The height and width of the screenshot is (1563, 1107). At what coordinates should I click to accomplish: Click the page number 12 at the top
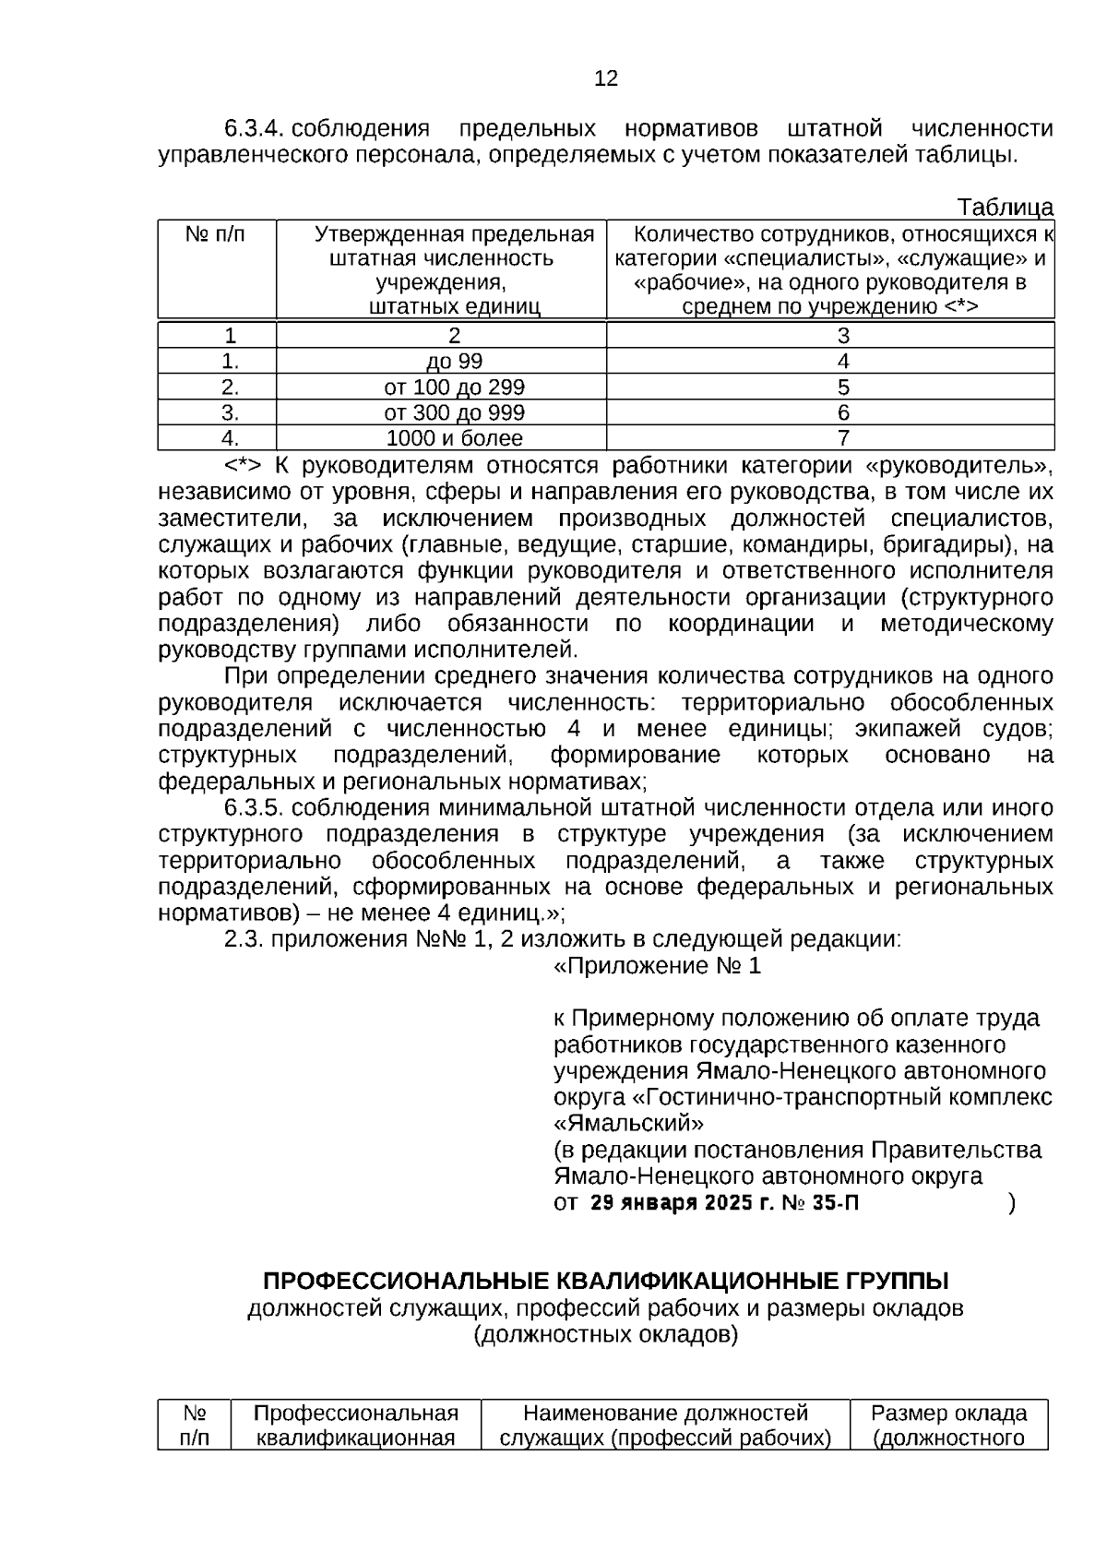tap(606, 78)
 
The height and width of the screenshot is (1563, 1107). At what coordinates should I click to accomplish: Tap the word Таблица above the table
tap(1005, 207)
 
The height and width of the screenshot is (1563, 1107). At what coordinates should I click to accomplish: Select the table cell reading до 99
tap(454, 362)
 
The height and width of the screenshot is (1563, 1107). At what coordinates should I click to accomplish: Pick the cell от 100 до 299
tap(454, 388)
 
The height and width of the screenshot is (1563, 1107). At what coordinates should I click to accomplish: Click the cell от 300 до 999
tap(454, 412)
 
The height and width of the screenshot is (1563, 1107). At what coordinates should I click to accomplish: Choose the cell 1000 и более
tap(454, 438)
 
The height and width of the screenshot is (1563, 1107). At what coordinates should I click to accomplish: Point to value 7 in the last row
tap(842, 438)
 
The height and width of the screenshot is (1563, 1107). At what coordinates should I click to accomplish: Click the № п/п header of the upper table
tap(216, 234)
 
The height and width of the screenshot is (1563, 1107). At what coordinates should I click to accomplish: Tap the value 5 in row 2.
tap(842, 388)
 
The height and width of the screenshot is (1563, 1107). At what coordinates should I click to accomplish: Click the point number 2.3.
tap(244, 940)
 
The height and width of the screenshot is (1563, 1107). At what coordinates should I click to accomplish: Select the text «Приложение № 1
tap(657, 966)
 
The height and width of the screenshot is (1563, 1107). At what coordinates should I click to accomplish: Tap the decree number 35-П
tap(836, 1203)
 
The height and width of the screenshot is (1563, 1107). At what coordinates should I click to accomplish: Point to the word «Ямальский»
tap(628, 1124)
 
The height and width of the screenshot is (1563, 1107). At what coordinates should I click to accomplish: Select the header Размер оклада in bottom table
tap(948, 1414)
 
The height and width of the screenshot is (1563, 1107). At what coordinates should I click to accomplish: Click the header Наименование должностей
tap(665, 1414)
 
